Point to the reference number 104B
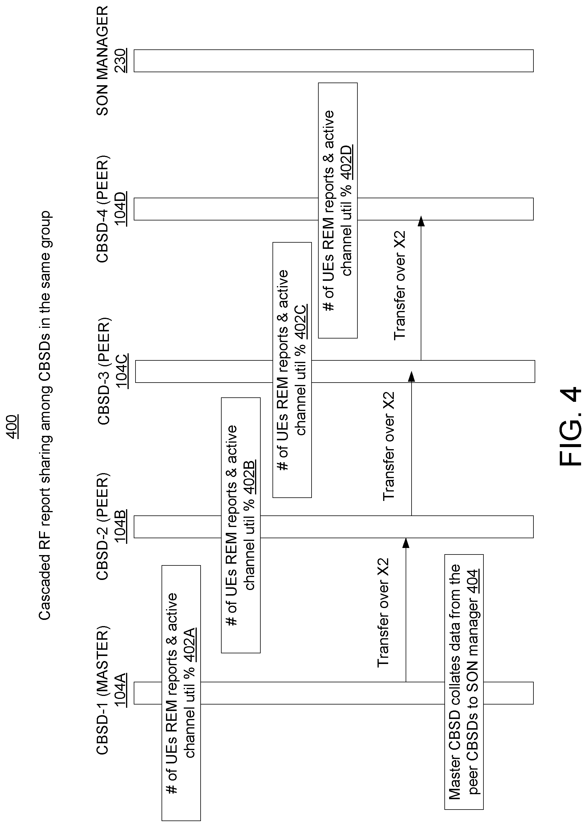[x=120, y=527]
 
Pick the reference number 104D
[x=120, y=209]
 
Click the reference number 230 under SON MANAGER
[x=120, y=61]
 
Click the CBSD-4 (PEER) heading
[x=103, y=209]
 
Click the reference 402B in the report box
[x=250, y=477]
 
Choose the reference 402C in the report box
[x=301, y=323]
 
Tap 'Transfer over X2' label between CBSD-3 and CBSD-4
[x=400, y=285]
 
